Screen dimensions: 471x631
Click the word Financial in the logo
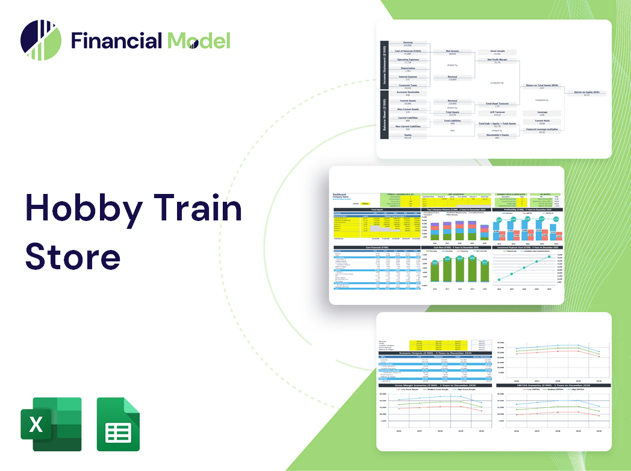click(x=116, y=40)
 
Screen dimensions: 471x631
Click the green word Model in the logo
click(x=199, y=40)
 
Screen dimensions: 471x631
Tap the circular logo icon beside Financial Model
click(x=41, y=40)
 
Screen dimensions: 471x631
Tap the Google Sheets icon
click(x=118, y=424)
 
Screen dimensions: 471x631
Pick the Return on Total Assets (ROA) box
click(x=542, y=86)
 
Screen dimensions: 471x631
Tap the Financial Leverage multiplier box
click(x=542, y=130)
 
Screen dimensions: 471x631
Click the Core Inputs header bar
click(x=377, y=210)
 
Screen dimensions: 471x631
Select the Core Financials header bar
click(x=377, y=247)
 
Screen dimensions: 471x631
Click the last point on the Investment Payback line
click(x=549, y=257)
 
